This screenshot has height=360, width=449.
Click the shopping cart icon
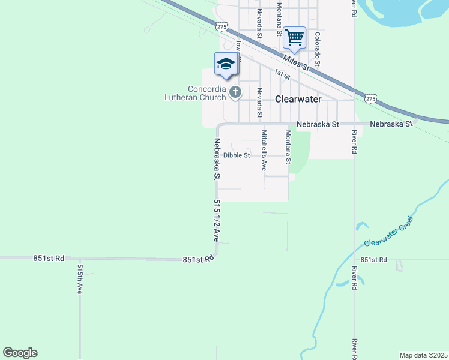point(294,37)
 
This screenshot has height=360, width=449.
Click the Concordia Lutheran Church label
point(196,92)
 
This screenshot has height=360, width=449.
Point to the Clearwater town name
point(298,99)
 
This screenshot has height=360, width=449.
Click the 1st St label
point(282,74)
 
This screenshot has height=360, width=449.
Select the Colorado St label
point(318,49)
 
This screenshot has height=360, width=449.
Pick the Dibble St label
point(237,155)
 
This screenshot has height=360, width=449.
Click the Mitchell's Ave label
point(263,151)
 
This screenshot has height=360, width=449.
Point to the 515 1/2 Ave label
point(217,220)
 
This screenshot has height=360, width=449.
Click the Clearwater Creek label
point(390,235)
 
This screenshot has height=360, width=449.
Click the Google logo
point(20,353)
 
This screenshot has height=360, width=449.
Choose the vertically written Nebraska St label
point(217,160)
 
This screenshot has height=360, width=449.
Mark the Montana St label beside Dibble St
point(288,148)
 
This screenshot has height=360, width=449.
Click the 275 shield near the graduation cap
point(222,26)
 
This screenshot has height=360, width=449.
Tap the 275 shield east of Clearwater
point(370,98)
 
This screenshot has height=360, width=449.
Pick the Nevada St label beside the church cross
point(259,103)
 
